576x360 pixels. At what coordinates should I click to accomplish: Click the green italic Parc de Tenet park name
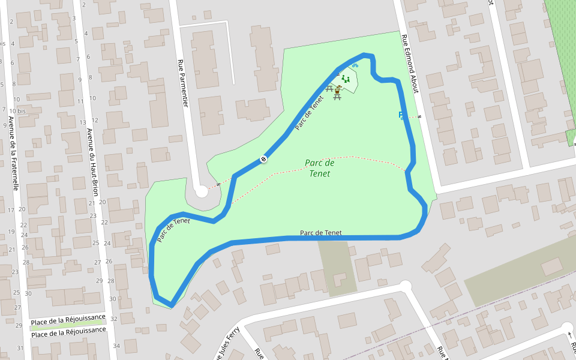320,168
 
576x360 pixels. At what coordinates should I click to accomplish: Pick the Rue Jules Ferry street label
227,344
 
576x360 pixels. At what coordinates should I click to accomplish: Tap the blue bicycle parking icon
355,65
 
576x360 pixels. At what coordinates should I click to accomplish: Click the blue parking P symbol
401,115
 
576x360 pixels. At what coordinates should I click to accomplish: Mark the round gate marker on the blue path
263,159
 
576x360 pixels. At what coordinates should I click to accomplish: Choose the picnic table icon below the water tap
337,96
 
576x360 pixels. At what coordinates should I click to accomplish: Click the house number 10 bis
17,111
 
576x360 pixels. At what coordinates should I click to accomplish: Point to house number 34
116,346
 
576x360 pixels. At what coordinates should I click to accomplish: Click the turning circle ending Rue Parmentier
201,191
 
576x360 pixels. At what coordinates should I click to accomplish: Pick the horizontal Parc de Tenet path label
320,233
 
